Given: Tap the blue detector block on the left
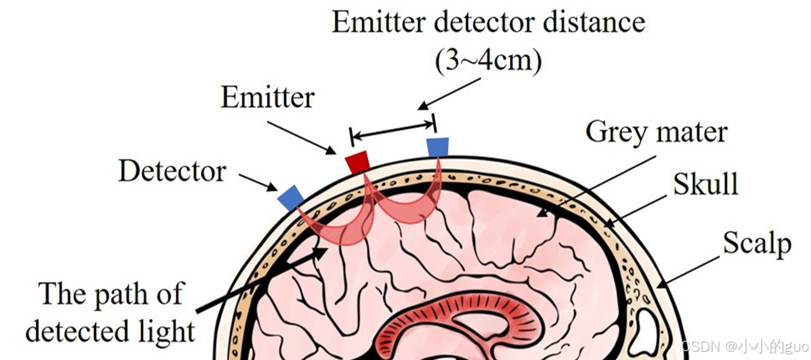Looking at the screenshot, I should [290, 196].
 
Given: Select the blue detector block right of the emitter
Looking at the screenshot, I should [437, 147].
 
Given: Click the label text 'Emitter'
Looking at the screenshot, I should [267, 98].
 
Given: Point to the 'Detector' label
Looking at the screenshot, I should [172, 171].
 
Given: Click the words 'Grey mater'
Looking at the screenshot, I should [656, 132].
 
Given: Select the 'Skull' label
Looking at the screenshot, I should [705, 184].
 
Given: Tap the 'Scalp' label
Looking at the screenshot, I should [756, 243].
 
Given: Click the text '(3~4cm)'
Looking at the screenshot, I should [487, 61].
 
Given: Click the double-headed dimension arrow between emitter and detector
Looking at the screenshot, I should [392, 127].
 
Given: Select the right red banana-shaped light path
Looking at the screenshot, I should [408, 210].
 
